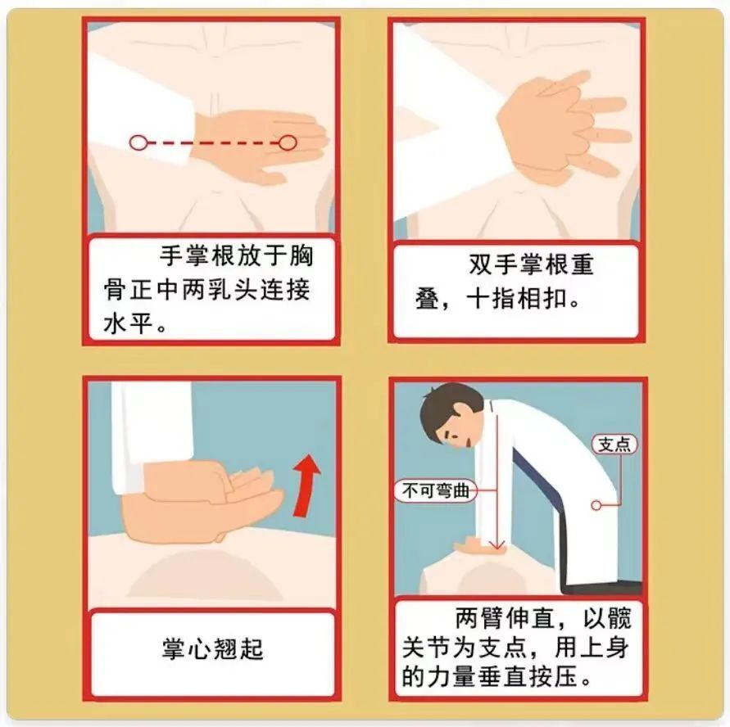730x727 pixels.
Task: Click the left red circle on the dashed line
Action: [138, 142]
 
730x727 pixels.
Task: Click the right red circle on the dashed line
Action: [287, 142]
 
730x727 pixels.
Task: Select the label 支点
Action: [615, 444]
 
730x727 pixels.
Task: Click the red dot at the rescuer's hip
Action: [596, 505]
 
